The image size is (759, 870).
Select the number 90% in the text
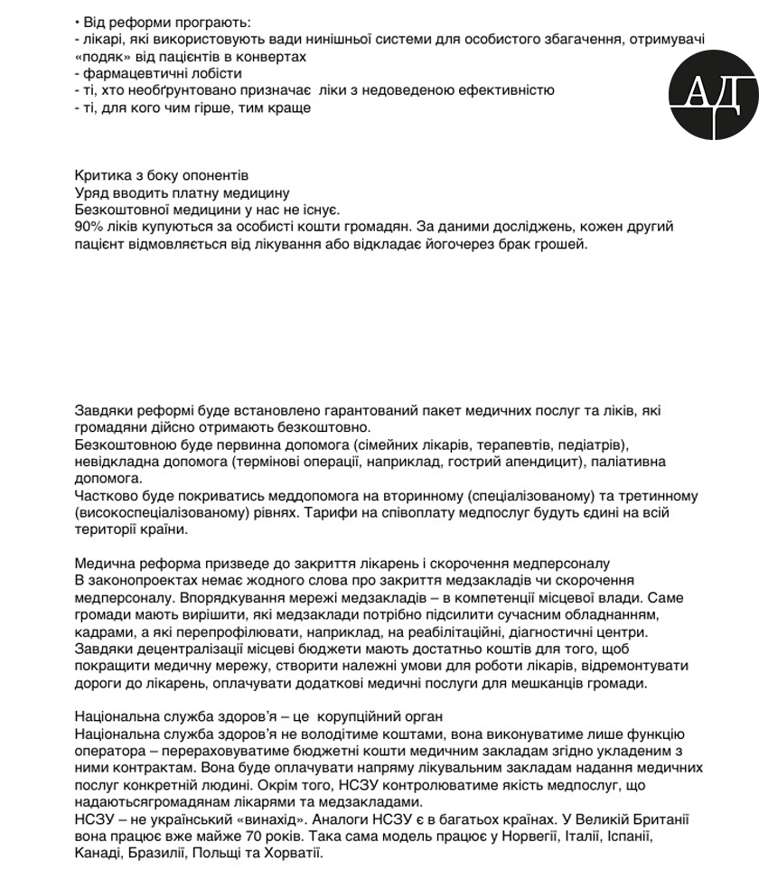click(89, 227)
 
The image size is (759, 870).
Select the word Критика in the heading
click(98, 175)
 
